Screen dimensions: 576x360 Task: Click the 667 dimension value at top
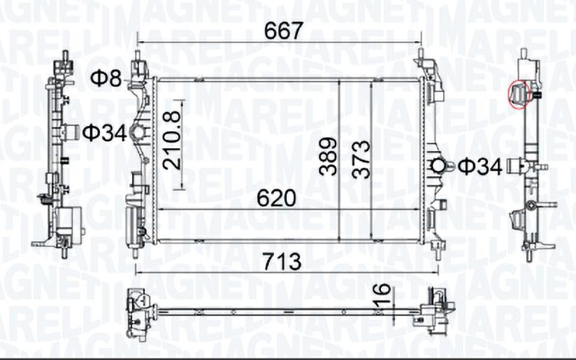pos(284,31)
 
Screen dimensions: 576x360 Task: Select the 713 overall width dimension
pos(282,261)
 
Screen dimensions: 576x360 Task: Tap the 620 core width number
pos(276,199)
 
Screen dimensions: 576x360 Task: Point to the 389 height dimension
pos(328,156)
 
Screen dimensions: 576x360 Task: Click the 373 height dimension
pos(361,159)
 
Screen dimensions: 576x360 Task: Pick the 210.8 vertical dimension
pos(172,141)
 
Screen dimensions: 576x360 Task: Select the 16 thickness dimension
pos(382,296)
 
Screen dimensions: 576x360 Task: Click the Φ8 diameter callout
pos(106,78)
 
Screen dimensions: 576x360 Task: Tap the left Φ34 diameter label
pos(104,133)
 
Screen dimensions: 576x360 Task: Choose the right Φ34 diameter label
pos(480,166)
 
